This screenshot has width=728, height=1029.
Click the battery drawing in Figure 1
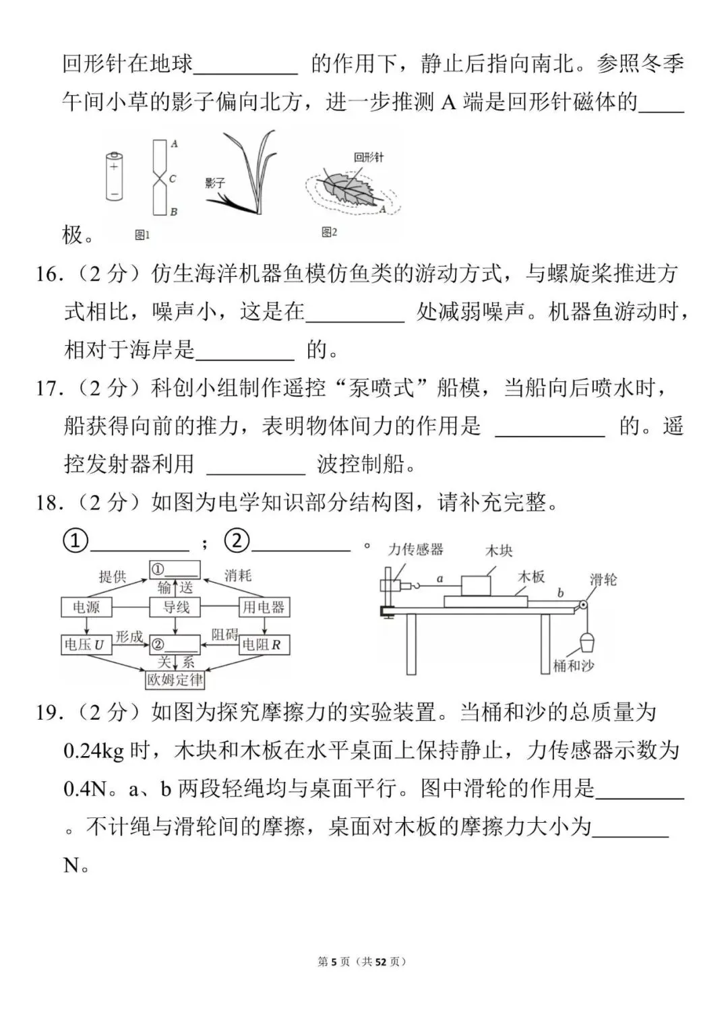pyautogui.click(x=114, y=176)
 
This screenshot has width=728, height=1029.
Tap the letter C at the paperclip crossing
pyautogui.click(x=173, y=179)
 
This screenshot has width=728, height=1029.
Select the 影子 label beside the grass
pyautogui.click(x=215, y=183)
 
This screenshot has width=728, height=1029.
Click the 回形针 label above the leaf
pyautogui.click(x=369, y=157)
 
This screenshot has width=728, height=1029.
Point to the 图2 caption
pyautogui.click(x=329, y=232)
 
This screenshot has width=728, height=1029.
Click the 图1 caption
pyautogui.click(x=142, y=235)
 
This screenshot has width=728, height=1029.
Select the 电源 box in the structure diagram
pyautogui.click(x=86, y=607)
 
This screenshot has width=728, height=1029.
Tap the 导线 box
pyautogui.click(x=176, y=607)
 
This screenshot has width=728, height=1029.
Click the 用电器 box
pyautogui.click(x=263, y=607)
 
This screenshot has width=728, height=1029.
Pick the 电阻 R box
pyautogui.click(x=262, y=645)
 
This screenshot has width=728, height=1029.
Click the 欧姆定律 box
pyautogui.click(x=175, y=679)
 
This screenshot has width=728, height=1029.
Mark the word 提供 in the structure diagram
pyautogui.click(x=113, y=576)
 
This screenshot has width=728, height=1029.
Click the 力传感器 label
pyautogui.click(x=416, y=550)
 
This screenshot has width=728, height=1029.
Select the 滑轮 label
pyautogui.click(x=603, y=580)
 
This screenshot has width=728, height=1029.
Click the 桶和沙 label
pyautogui.click(x=573, y=666)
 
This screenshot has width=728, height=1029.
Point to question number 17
pyautogui.click(x=49, y=388)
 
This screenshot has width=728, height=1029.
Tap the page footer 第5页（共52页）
pyautogui.click(x=363, y=962)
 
